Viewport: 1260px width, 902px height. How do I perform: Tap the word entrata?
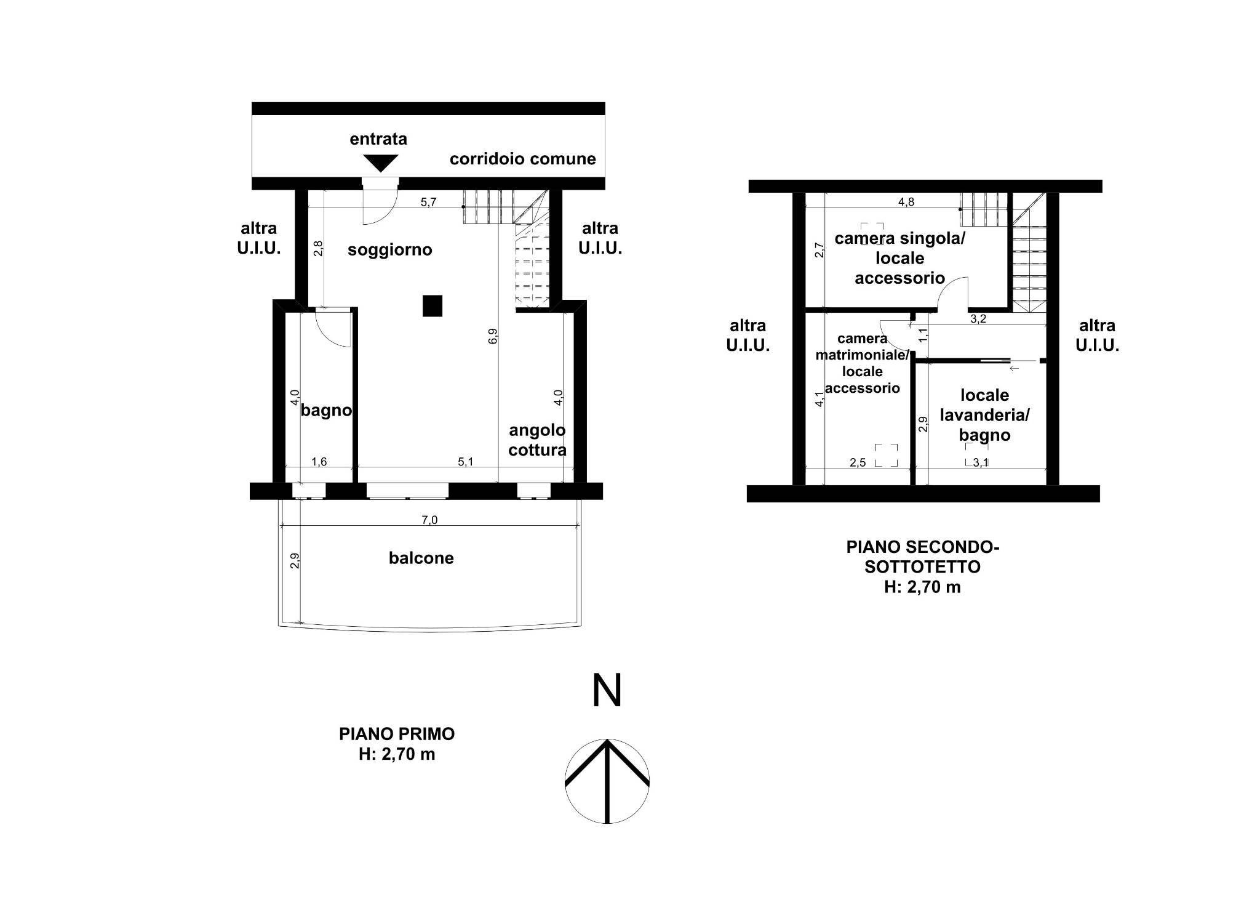378,139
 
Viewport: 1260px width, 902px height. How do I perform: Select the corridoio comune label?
523,159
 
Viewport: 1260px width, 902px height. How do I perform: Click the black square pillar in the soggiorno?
433,306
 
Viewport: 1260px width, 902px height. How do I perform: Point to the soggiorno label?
390,250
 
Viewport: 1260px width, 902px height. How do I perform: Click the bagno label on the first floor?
326,411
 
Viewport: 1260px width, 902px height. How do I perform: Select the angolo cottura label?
538,440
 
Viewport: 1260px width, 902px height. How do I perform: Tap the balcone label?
421,558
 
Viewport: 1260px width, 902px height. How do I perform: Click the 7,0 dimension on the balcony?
429,520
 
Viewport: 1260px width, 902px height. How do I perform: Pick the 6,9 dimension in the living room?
493,336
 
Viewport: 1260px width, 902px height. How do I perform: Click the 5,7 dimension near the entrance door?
429,201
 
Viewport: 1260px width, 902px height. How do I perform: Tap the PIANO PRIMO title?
397,734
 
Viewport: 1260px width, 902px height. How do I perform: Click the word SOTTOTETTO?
923,566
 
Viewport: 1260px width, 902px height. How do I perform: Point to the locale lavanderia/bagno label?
984,415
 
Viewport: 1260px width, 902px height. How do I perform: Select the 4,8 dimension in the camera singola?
906,203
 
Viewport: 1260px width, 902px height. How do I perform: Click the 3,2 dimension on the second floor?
978,320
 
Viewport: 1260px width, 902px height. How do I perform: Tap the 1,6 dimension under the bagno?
319,462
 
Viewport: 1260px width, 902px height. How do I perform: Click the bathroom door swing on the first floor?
333,328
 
